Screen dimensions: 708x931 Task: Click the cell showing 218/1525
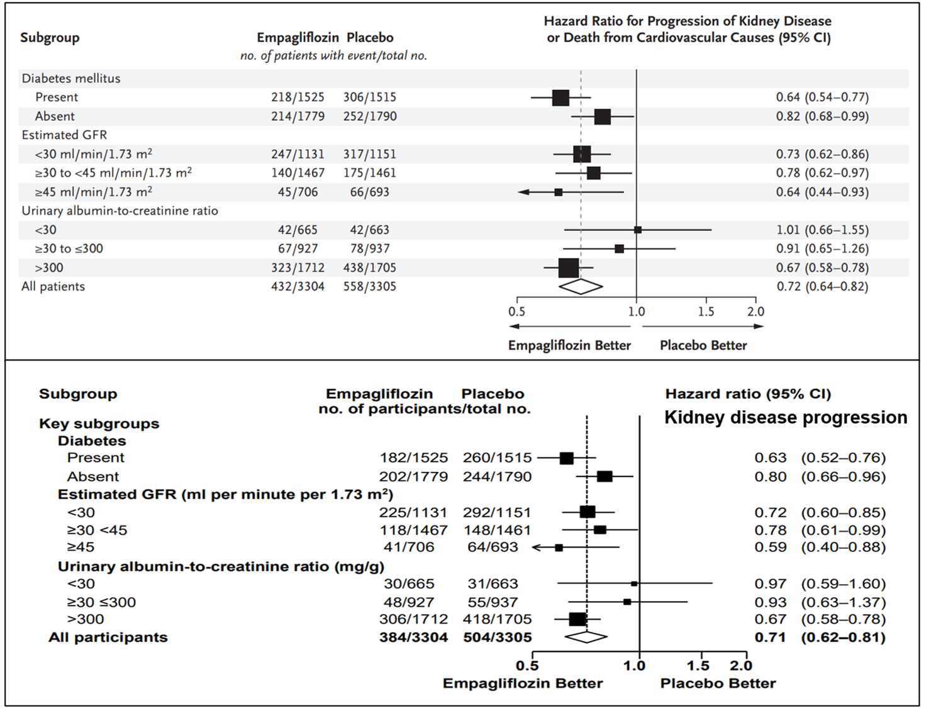(298, 98)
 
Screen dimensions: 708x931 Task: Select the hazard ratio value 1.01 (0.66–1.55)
(822, 230)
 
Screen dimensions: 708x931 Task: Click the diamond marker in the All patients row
(581, 286)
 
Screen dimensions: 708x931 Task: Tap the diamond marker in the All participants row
(586, 637)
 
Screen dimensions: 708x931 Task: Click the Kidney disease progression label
(786, 418)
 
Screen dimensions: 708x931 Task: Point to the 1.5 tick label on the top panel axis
(706, 312)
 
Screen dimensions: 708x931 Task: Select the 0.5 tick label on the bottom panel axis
(527, 666)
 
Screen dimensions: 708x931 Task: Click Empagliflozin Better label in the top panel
(569, 346)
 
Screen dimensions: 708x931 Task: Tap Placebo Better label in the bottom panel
(718, 683)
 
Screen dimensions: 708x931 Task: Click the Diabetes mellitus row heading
(71, 79)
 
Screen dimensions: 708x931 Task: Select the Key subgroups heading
(99, 424)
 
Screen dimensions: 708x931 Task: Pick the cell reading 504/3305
(497, 638)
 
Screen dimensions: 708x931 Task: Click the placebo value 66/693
(369, 192)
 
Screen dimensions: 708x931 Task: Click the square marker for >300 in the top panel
(569, 268)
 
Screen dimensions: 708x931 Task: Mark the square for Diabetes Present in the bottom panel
(566, 458)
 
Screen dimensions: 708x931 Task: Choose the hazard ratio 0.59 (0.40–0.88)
(820, 548)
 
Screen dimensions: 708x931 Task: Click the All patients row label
(53, 286)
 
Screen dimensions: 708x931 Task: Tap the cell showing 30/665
(409, 584)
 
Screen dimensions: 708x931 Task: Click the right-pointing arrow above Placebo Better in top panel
(758, 326)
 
